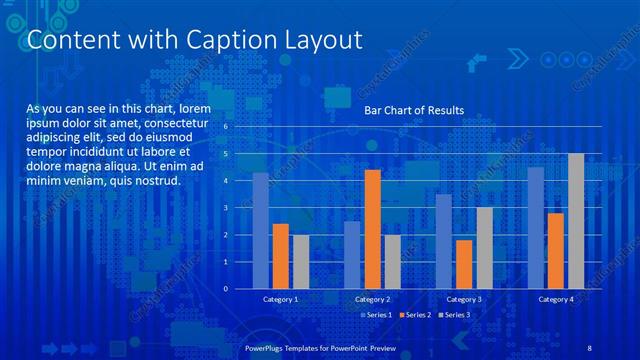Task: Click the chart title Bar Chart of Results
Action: [413, 111]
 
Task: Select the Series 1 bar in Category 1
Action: [260, 230]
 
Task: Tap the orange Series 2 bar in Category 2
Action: [372, 229]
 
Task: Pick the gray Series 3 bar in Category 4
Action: [576, 221]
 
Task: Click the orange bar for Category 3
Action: [464, 264]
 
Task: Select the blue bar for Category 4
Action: [536, 228]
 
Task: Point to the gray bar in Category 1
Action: [301, 261]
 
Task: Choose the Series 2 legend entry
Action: [414, 315]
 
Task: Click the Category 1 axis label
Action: [280, 300]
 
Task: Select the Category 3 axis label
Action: [463, 300]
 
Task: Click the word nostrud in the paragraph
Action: [155, 181]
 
